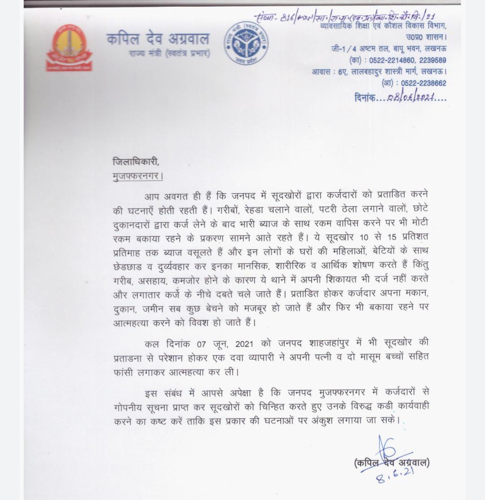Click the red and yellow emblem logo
click(x=69, y=48)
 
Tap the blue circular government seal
click(x=246, y=43)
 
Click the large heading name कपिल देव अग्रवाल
click(x=158, y=39)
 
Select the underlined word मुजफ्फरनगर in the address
click(x=137, y=175)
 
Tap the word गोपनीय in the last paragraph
click(x=133, y=407)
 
